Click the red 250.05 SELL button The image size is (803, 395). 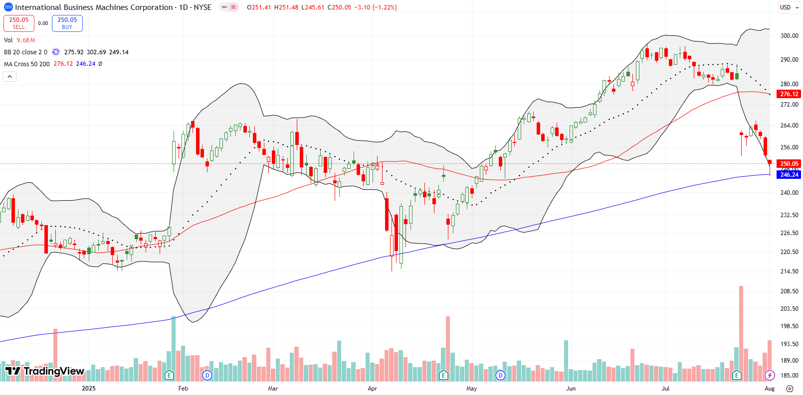tap(19, 23)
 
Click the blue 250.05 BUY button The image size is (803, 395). tap(67, 23)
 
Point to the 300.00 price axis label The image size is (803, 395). tap(789, 36)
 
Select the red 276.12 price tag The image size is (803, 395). tap(789, 94)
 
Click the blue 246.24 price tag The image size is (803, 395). tap(789, 175)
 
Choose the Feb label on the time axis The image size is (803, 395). tap(183, 389)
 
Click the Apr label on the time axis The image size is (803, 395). tap(372, 389)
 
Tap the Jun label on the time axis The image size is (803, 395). tap(571, 389)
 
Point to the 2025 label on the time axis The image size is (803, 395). tap(89, 389)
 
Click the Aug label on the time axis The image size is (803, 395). tap(770, 389)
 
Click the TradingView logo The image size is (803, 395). tap(45, 371)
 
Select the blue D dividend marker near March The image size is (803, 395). tap(207, 375)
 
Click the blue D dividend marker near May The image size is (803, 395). tap(500, 375)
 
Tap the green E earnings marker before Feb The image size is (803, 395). tap(169, 375)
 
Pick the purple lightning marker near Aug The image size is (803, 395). tap(770, 375)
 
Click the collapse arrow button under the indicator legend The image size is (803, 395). tap(10, 76)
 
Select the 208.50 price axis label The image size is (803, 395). tap(789, 291)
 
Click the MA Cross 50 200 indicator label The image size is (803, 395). tap(27, 64)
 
